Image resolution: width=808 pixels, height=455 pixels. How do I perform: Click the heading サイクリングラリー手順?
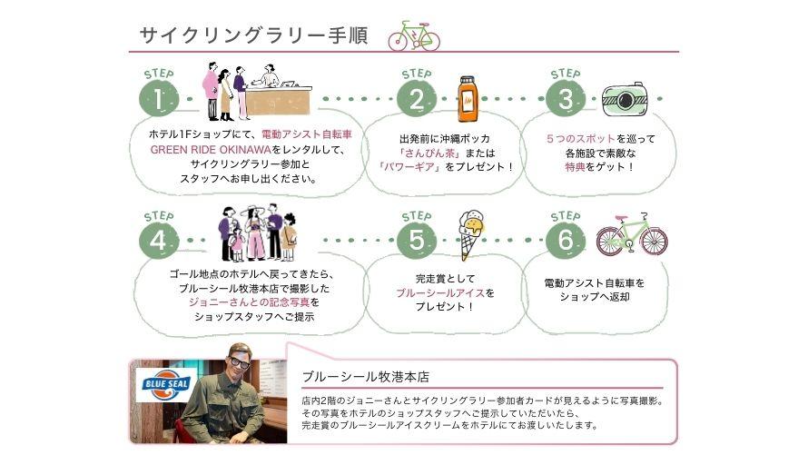252,35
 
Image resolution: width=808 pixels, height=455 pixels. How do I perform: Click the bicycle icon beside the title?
414,36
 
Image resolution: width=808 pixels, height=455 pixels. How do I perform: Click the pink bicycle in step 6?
632,235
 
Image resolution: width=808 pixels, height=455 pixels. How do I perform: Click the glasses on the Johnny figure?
240,362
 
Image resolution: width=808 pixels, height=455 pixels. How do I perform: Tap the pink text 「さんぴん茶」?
415,152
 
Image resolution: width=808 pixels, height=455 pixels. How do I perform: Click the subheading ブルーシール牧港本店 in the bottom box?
365,376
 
